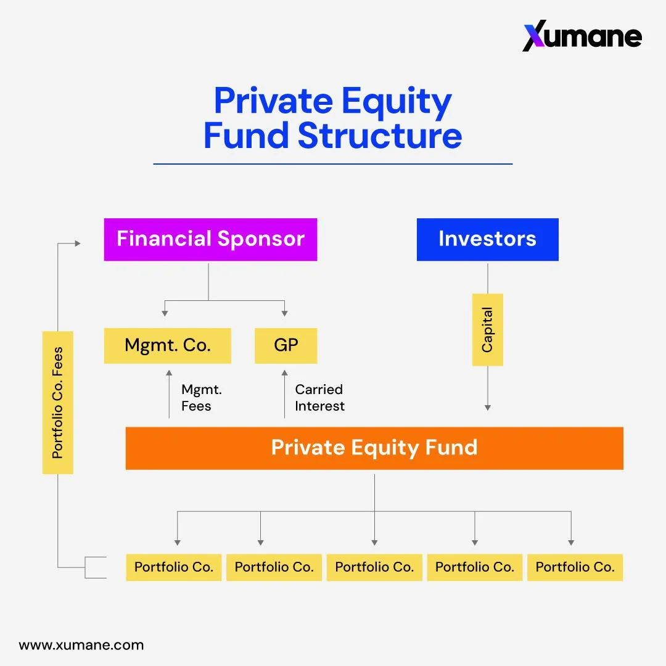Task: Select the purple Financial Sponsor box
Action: click(x=210, y=239)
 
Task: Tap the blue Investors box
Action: click(x=487, y=239)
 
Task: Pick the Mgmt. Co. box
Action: click(x=167, y=345)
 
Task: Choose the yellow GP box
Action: click(x=286, y=345)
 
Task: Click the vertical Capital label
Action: click(x=487, y=330)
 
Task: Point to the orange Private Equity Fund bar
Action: click(x=374, y=448)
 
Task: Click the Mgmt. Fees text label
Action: click(x=201, y=398)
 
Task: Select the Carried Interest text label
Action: click(x=319, y=398)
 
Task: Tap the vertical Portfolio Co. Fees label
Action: click(x=58, y=403)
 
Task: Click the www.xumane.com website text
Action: click(x=81, y=646)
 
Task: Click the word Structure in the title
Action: click(x=379, y=136)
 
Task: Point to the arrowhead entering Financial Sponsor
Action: click(x=78, y=244)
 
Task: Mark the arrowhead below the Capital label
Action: click(x=488, y=408)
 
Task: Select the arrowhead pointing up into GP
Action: click(x=284, y=372)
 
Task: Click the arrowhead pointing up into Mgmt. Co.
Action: click(x=168, y=372)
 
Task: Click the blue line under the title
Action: click(x=333, y=164)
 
